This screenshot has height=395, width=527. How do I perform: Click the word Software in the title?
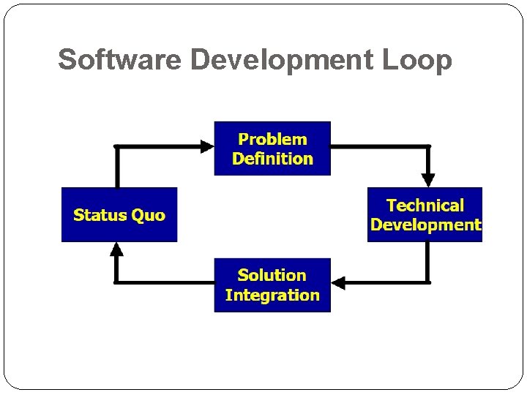tap(120, 60)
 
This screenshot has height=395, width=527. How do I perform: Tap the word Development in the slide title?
tap(282, 60)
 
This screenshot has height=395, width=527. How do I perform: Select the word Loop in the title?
tap(417, 60)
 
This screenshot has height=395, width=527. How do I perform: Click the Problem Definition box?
tap(272, 148)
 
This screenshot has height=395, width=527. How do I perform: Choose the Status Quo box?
tap(119, 215)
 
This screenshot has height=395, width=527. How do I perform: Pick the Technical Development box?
tap(425, 215)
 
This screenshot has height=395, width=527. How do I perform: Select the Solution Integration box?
tap(272, 285)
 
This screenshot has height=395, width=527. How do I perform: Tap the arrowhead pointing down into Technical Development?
tap(428, 180)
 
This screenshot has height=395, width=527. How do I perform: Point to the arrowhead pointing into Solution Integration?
tap(338, 282)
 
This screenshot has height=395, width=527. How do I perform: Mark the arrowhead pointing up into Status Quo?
tap(116, 249)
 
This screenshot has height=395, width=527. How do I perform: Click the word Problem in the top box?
tap(272, 139)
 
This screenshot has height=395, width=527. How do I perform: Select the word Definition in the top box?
tap(272, 159)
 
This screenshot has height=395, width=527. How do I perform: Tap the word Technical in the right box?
tap(425, 206)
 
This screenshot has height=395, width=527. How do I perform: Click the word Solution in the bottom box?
tap(272, 276)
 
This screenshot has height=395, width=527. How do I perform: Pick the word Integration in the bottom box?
tap(272, 296)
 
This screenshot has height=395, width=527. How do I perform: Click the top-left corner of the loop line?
tap(116, 146)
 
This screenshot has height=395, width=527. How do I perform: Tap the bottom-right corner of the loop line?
tap(428, 282)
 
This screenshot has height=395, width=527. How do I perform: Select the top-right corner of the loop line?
tap(428, 146)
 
